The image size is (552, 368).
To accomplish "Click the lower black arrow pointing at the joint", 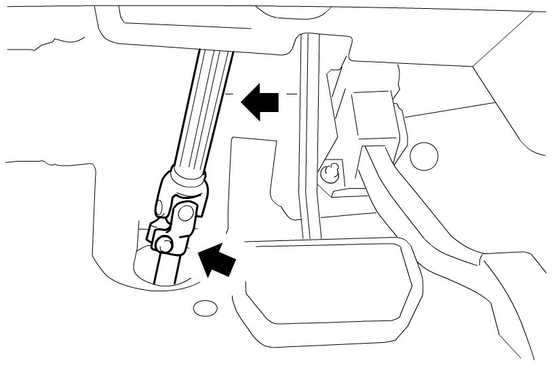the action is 218,260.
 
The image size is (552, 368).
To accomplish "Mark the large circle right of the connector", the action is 425,156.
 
